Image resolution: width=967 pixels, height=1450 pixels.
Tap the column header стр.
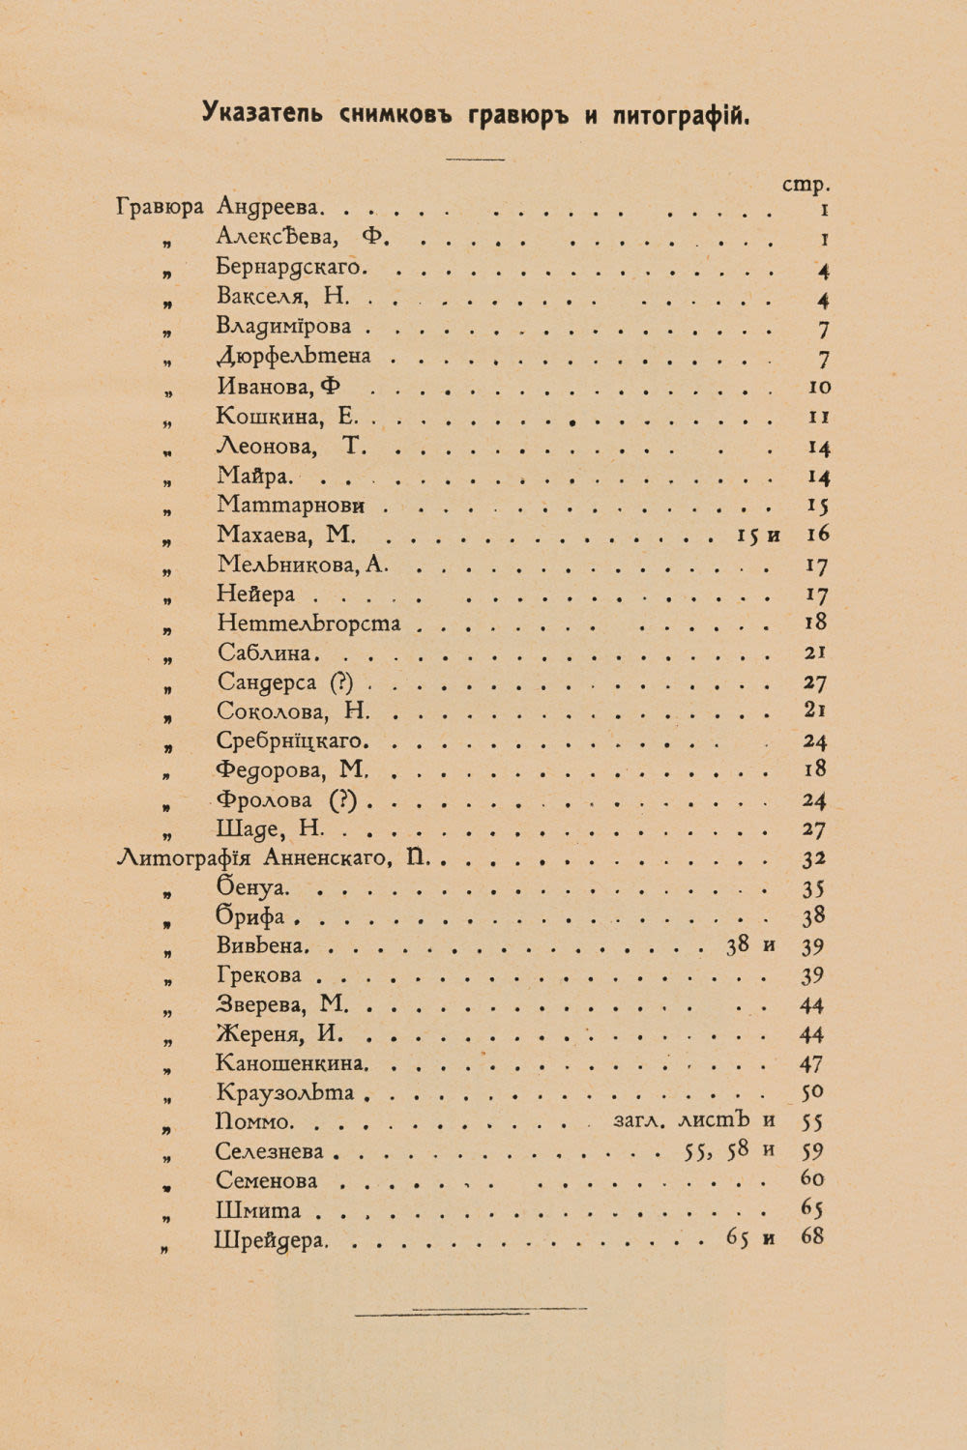pyautogui.click(x=806, y=184)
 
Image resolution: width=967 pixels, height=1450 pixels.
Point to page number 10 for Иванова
pyautogui.click(x=818, y=387)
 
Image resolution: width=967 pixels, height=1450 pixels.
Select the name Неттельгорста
pyautogui.click(x=308, y=623)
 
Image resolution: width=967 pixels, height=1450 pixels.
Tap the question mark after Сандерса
pyautogui.click(x=342, y=682)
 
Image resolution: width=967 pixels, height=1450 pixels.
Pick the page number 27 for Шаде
pyautogui.click(x=814, y=829)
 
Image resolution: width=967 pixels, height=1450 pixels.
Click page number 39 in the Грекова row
pyautogui.click(x=812, y=975)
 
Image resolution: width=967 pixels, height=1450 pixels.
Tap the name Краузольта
pyautogui.click(x=285, y=1093)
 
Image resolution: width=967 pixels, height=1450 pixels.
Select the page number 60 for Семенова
pyautogui.click(x=812, y=1179)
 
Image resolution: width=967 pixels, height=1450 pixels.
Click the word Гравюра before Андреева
pyautogui.click(x=160, y=207)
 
